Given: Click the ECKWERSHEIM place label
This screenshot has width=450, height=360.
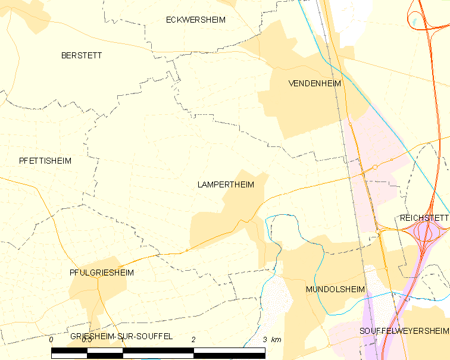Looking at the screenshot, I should [196, 20].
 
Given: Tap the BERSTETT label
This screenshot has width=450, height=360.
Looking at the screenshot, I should [82, 55].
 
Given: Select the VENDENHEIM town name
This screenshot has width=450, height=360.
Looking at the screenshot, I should [314, 83].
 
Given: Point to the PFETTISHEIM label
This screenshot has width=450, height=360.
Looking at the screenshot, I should [45, 161].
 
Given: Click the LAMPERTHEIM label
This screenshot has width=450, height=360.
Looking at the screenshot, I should [226, 184].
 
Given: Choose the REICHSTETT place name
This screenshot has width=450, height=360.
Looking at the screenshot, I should [424, 218].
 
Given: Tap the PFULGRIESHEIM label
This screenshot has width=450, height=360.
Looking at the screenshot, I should [101, 273].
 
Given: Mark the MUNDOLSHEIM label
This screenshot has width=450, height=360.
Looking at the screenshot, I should [335, 289].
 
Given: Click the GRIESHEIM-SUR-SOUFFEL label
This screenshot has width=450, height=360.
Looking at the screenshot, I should [121, 336].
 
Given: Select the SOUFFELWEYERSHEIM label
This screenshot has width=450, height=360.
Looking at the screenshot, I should [404, 330].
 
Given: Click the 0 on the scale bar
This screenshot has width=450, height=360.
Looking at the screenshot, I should [51, 339].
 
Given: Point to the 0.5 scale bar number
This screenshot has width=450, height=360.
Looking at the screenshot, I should [87, 339].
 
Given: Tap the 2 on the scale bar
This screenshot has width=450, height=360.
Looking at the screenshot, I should [193, 339].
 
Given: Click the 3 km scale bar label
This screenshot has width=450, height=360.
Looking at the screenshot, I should [271, 339].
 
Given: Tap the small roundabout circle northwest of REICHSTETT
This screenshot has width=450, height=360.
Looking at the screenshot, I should [375, 167].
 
